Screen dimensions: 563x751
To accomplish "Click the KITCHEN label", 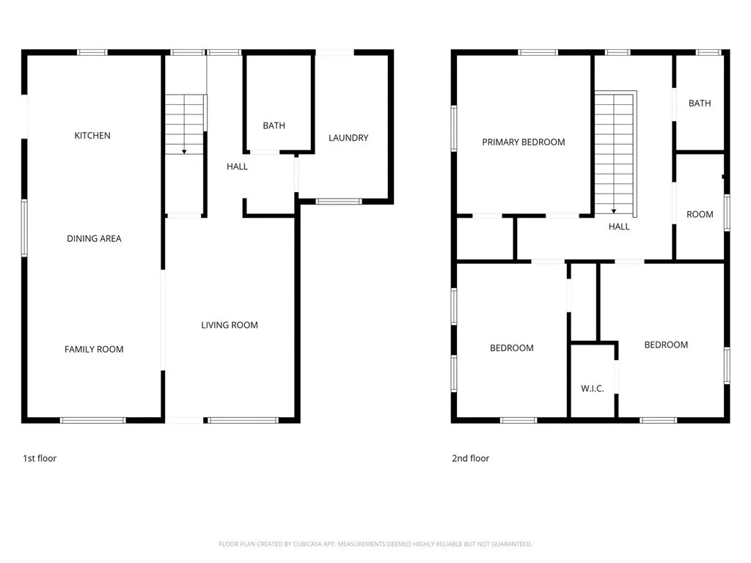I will [x=92, y=136].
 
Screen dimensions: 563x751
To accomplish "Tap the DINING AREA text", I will [x=94, y=238].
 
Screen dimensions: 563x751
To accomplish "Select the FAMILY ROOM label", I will [x=94, y=349].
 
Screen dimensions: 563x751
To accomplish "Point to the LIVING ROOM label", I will [x=230, y=325].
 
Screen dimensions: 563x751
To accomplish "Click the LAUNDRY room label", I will [x=348, y=138].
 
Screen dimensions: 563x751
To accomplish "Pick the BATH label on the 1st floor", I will [x=274, y=125].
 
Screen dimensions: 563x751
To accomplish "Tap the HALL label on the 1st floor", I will [x=237, y=166].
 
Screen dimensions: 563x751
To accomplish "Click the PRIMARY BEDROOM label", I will [x=524, y=142].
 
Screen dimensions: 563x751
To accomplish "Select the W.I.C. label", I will [x=593, y=389].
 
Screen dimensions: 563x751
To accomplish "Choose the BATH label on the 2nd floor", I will [x=700, y=103].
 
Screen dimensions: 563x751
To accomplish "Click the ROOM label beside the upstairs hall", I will [x=700, y=214].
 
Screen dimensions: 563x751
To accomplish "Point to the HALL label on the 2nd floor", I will [x=619, y=227].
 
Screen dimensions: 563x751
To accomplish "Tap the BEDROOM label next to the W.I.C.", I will [x=666, y=345].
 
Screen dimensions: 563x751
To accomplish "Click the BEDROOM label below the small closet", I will [x=512, y=348].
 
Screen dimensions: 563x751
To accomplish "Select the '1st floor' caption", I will [x=40, y=458].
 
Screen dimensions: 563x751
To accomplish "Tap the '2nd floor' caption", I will [x=470, y=458].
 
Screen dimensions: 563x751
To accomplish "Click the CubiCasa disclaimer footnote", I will [x=375, y=544].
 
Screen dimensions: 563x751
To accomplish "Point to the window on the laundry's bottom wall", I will [x=339, y=201].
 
